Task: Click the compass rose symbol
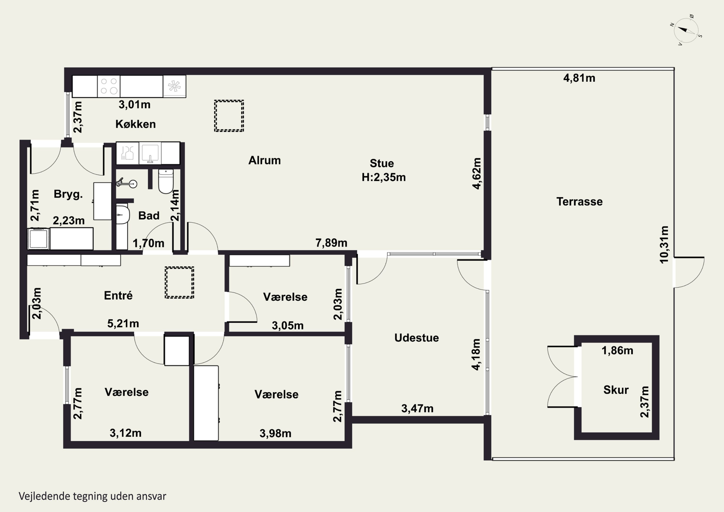[686, 31]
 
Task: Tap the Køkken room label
[136, 124]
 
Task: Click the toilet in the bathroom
[166, 181]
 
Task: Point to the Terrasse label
[580, 202]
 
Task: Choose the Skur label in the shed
[616, 390]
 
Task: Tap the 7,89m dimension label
[331, 243]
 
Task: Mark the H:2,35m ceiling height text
[383, 177]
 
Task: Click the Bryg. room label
[68, 194]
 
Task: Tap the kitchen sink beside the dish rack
[150, 153]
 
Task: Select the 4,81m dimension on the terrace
[579, 78]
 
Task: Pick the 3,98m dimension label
[275, 434]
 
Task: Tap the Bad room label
[149, 216]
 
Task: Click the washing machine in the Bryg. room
[39, 239]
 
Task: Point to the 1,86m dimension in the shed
[617, 351]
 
